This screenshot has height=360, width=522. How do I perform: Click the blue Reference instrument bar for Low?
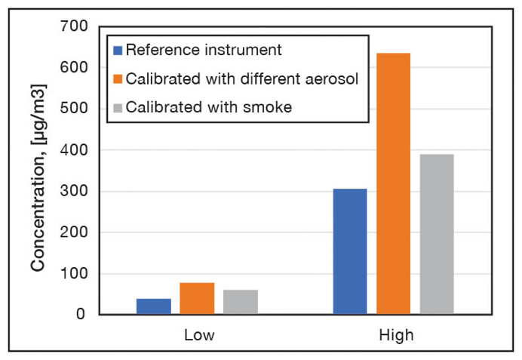click(x=154, y=306)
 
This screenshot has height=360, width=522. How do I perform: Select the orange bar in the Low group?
click(x=197, y=299)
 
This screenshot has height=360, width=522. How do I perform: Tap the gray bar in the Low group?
click(x=240, y=302)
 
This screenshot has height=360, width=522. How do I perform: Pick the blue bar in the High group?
click(x=350, y=251)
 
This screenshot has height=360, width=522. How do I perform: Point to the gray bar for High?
click(x=437, y=234)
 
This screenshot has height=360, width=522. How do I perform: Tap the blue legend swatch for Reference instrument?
click(x=118, y=51)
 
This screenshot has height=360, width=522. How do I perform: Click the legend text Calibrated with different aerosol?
click(x=240, y=79)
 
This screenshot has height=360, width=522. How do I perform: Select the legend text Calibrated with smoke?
click(x=209, y=107)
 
